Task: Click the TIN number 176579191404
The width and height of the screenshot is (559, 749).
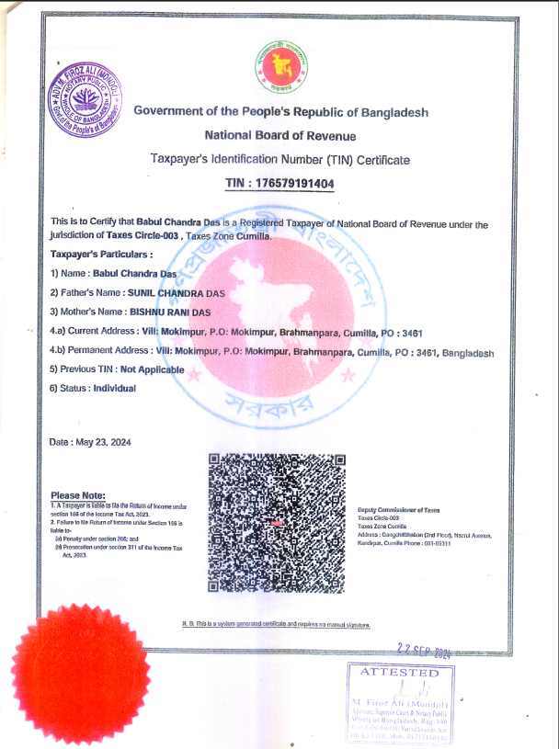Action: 293,184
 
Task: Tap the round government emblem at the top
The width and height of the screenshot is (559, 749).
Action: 279,67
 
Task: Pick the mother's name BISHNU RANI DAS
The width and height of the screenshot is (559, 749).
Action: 172,312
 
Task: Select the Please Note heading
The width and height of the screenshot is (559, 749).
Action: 79,496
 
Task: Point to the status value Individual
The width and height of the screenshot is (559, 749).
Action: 114,388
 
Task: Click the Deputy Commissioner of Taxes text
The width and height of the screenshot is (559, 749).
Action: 399,509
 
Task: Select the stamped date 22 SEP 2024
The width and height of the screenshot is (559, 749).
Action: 422,649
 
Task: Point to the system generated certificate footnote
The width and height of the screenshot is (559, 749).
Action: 276,625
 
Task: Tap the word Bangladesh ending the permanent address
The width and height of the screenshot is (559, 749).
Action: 468,352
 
